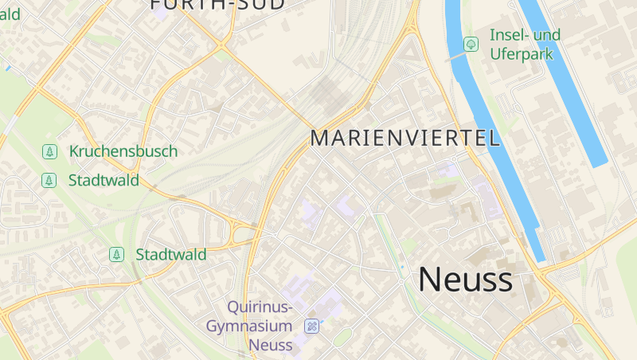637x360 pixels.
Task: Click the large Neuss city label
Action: point(466,280)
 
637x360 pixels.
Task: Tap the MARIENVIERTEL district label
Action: point(405,138)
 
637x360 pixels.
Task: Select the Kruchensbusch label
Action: point(123,151)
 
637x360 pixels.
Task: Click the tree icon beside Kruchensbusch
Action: point(49,151)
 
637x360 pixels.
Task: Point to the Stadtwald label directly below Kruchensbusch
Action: point(104,180)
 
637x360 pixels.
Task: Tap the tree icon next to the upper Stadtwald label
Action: point(49,180)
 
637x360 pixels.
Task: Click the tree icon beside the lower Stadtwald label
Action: point(117,255)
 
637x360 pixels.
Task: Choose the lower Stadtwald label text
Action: point(171,255)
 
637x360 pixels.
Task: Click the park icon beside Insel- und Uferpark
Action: point(471,44)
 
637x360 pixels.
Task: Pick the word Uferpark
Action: point(522,54)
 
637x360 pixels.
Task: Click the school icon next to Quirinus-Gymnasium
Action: point(312,326)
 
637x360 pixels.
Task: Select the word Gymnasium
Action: point(250,326)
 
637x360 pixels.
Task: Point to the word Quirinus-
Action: point(260,307)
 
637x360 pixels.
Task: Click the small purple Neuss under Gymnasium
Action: point(271,345)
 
